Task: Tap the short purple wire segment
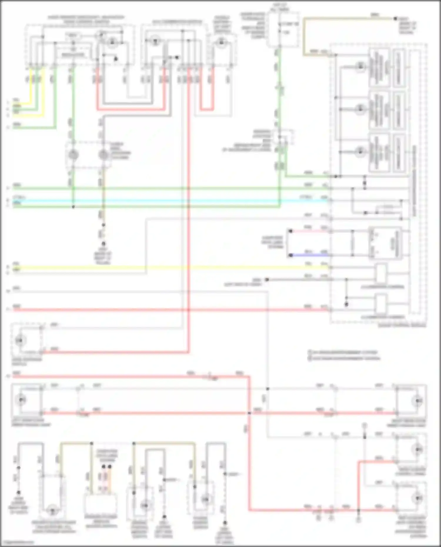309,255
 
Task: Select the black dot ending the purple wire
290,255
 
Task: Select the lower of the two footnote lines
344,358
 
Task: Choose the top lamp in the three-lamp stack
360,67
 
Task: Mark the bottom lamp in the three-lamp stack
360,152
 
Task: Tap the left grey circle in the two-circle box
73,155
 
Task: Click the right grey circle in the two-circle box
103,155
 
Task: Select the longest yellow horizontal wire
171,267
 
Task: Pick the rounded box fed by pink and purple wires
385,243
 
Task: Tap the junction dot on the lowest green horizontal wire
73,207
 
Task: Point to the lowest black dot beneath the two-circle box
103,244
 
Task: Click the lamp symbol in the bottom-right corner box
418,498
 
